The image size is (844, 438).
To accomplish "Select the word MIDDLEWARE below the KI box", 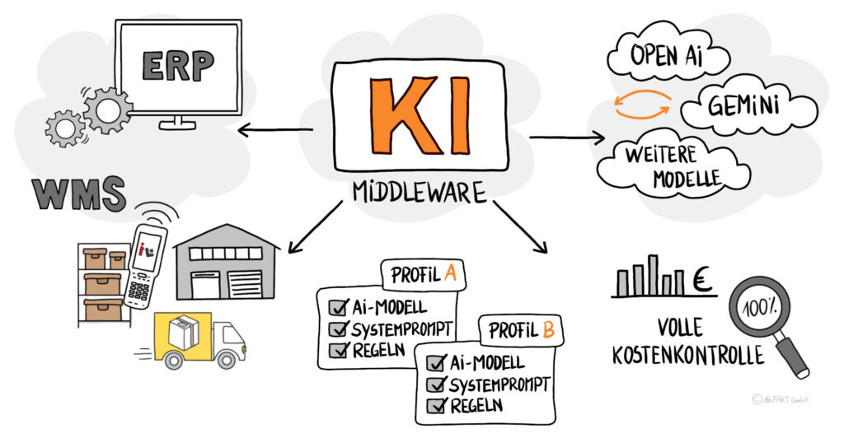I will click(420, 192).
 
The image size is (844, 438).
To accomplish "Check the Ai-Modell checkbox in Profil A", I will click(336, 308).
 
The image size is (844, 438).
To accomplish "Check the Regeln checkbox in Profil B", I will click(434, 404).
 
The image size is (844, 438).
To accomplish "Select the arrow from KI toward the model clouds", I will click(569, 137).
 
